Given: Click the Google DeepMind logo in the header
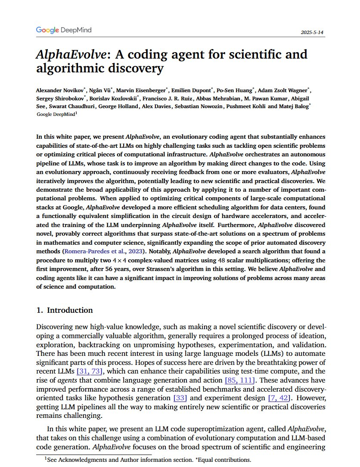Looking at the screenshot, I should [x=64, y=30].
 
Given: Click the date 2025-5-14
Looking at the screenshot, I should [x=313, y=33].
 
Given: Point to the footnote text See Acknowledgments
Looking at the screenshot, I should [x=76, y=460].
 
